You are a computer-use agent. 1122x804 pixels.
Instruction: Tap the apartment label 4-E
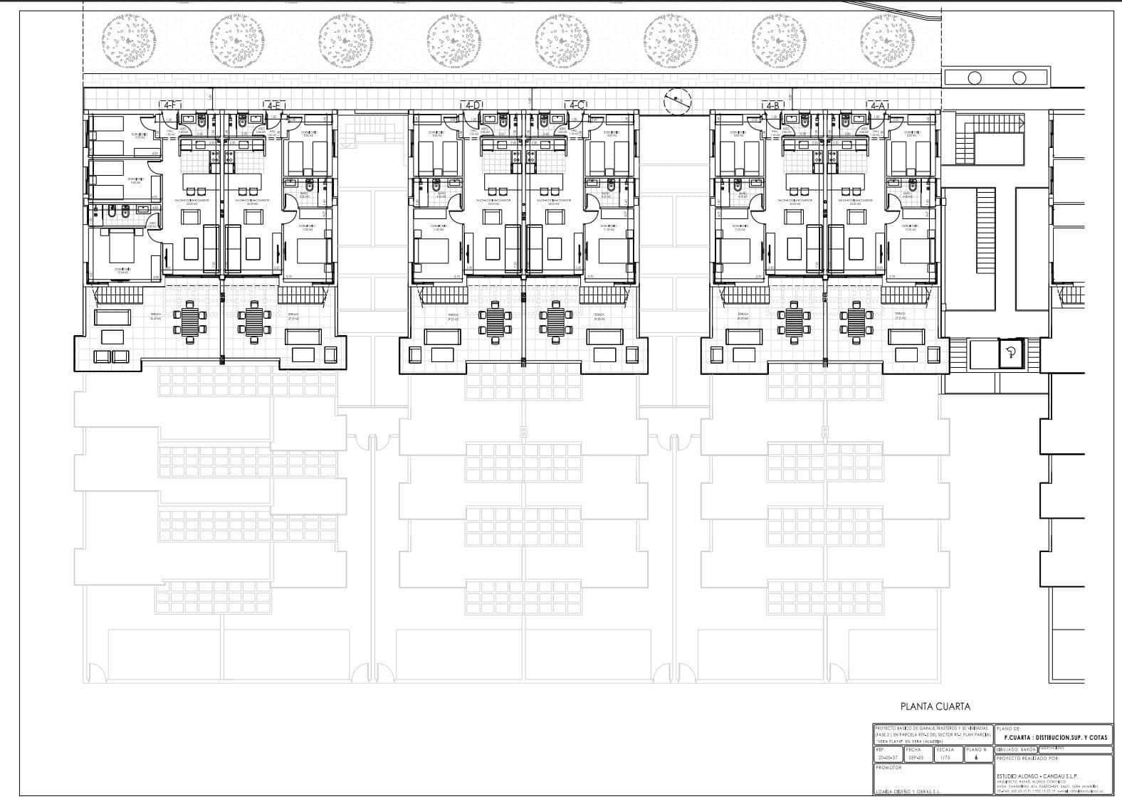pyautogui.click(x=276, y=105)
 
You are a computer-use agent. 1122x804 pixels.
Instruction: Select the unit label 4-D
pyautogui.click(x=472, y=105)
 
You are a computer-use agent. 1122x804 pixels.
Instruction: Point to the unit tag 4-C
pyautogui.click(x=577, y=105)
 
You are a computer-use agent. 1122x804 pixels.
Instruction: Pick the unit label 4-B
pyautogui.click(x=772, y=105)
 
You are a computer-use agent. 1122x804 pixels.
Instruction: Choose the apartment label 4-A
pyautogui.click(x=877, y=105)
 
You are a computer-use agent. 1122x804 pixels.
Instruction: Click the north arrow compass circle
pyautogui.click(x=676, y=102)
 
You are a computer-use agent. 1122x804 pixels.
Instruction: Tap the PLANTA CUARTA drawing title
pyautogui.click(x=935, y=707)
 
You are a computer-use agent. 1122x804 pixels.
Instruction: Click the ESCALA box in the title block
pyautogui.click(x=945, y=753)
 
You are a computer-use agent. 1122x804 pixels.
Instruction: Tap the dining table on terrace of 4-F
pyautogui.click(x=191, y=322)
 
